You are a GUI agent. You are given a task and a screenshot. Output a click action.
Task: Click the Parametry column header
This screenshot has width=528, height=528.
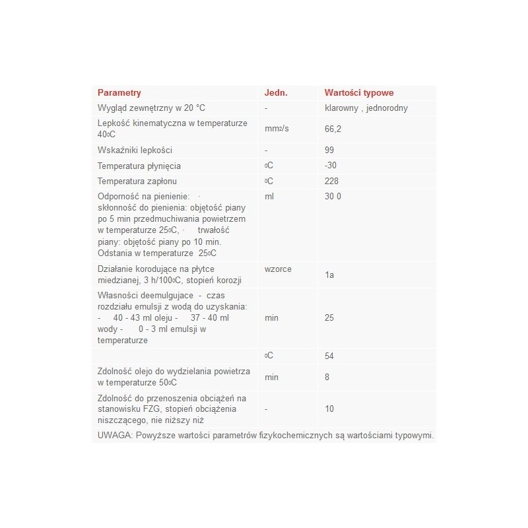(119, 93)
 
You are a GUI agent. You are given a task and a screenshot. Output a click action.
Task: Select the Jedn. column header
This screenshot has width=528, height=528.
(276, 93)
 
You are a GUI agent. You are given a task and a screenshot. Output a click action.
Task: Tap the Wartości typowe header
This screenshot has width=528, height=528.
(359, 93)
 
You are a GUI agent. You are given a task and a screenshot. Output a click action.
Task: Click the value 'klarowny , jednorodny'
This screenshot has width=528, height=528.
(370, 108)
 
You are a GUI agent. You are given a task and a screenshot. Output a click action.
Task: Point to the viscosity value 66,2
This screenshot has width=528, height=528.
(333, 130)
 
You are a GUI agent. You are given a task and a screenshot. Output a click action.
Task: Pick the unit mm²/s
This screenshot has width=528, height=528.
(277, 130)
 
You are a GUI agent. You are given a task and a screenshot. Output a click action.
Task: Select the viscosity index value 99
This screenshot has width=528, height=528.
(330, 150)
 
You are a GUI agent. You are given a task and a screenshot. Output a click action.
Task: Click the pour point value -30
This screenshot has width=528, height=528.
(331, 166)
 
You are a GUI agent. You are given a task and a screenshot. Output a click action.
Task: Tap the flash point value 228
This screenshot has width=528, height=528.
(332, 181)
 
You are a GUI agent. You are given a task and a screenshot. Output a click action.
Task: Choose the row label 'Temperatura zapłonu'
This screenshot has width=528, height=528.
(137, 181)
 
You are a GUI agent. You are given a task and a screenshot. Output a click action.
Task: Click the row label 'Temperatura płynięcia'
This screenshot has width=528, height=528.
(139, 166)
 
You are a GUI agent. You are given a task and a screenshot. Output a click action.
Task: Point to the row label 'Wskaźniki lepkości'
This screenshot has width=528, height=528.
(135, 150)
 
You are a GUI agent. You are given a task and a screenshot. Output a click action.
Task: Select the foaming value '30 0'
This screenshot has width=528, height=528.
(333, 197)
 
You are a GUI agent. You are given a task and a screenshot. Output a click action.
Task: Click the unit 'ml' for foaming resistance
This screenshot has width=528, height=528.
(269, 197)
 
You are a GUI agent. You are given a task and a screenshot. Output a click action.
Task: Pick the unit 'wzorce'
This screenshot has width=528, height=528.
(278, 269)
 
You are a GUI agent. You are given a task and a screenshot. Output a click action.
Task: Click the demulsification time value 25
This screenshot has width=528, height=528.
(330, 318)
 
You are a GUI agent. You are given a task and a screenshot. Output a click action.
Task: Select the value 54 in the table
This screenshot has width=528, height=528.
(330, 356)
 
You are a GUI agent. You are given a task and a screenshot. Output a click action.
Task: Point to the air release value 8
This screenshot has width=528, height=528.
(327, 378)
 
